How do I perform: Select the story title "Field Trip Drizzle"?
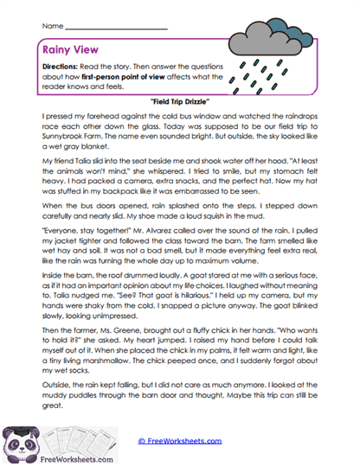(x=183, y=101)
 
